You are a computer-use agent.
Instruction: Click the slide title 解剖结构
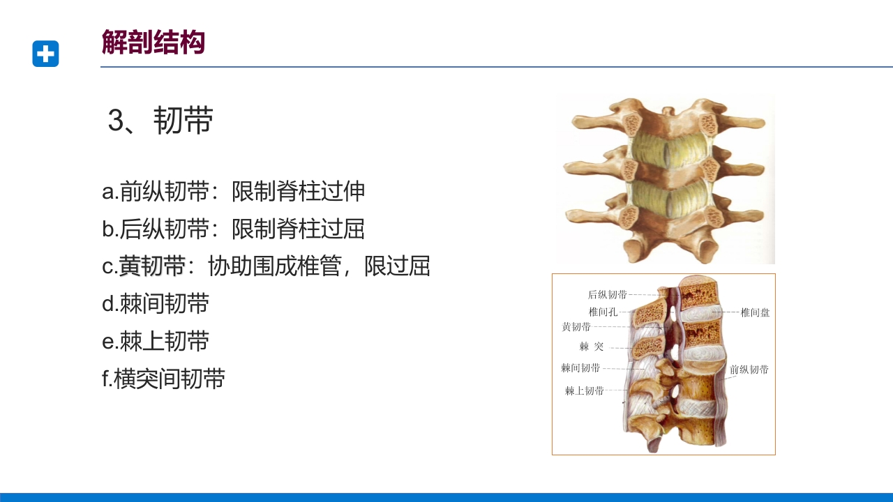[153, 43]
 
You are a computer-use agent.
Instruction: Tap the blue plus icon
[45, 54]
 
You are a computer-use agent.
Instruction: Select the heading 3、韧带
[160, 121]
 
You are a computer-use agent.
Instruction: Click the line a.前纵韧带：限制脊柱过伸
[234, 192]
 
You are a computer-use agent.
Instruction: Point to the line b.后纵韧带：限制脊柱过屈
[234, 229]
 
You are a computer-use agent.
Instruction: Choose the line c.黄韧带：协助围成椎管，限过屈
[266, 266]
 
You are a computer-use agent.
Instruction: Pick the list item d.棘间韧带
[156, 304]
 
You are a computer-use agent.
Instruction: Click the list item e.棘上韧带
[156, 342]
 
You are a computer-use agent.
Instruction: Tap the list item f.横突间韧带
[163, 379]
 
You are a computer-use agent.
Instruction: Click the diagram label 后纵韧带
[607, 295]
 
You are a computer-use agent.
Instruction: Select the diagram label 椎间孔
[603, 312]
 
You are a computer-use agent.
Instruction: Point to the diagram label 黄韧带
[576, 326]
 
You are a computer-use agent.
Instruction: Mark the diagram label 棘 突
[591, 346]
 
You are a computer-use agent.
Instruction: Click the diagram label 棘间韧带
[580, 367]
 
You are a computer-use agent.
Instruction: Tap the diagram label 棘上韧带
[584, 390]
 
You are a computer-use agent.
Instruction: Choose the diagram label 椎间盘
[755, 312]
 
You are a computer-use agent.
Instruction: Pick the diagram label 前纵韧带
[749, 370]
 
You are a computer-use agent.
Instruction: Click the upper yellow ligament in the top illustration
[670, 150]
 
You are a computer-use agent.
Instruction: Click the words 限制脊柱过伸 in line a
[299, 192]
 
